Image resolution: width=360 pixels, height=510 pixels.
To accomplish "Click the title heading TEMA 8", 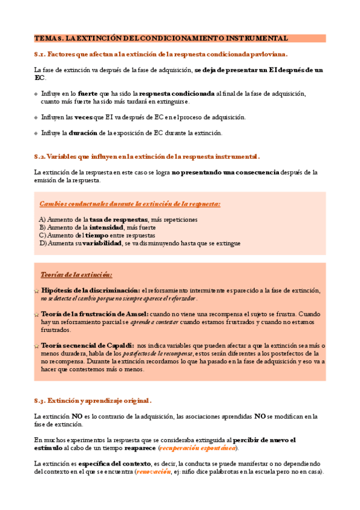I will pyautogui.click(x=161, y=38).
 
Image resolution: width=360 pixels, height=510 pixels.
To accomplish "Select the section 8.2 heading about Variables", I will pyautogui.click(x=147, y=156).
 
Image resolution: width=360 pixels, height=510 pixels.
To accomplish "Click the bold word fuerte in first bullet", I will pyautogui.click(x=88, y=94).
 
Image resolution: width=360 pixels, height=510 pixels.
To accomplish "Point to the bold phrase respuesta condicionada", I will pyautogui.click(x=177, y=94).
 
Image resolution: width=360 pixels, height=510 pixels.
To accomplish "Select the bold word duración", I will pyautogui.click(x=83, y=133).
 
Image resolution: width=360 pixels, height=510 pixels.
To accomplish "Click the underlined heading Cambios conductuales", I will pyautogui.click(x=130, y=204).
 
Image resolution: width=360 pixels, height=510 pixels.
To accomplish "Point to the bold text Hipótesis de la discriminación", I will pyautogui.click(x=90, y=290).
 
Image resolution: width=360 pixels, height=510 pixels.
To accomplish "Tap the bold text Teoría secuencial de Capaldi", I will pyautogui.click(x=87, y=346).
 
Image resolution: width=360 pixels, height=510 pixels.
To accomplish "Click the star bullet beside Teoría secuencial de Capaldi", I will pyautogui.click(x=37, y=346).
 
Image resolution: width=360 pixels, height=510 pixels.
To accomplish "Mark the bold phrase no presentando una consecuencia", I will pyautogui.click(x=225, y=172).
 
